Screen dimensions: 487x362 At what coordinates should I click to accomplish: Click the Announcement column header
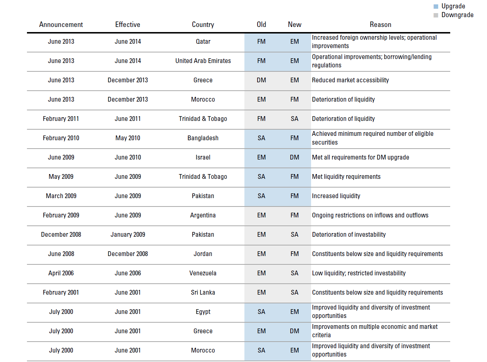(x=61, y=24)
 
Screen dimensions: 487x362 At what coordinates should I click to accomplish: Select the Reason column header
(x=380, y=24)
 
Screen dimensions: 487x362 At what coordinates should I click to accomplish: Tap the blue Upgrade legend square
(x=436, y=6)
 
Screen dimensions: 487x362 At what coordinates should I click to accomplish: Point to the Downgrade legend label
(x=457, y=15)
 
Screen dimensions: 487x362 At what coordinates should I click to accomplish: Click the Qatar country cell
(x=203, y=42)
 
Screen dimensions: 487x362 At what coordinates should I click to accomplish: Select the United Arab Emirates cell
(x=203, y=61)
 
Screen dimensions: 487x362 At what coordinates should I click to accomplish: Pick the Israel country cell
(x=203, y=157)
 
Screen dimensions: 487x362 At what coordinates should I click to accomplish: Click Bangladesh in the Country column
(x=203, y=138)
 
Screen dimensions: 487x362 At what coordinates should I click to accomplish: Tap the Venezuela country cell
(x=203, y=273)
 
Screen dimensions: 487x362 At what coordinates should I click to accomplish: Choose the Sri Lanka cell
(x=203, y=292)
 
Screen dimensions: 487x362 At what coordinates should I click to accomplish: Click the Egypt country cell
(x=203, y=312)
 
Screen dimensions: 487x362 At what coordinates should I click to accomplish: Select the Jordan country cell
(x=203, y=254)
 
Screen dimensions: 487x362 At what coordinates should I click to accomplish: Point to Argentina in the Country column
(x=203, y=215)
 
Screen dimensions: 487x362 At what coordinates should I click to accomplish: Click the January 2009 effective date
(x=128, y=235)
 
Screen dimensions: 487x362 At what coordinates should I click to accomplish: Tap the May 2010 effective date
(x=128, y=138)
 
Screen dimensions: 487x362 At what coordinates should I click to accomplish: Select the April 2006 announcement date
(x=61, y=273)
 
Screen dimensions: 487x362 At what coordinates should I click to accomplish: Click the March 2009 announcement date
(x=61, y=196)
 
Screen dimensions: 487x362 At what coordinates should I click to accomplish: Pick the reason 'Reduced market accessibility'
(x=350, y=80)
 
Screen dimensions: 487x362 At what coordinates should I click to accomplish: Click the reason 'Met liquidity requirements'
(x=346, y=177)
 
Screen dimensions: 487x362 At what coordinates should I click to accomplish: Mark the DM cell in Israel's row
(x=294, y=157)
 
